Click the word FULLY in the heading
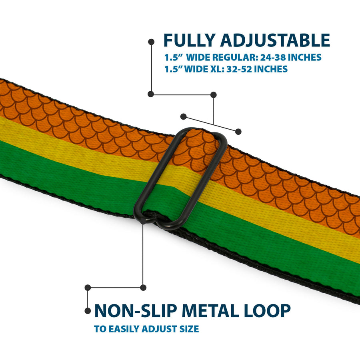[x=189, y=41]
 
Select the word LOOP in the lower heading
[x=269, y=311]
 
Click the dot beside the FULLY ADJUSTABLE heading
[x=151, y=41]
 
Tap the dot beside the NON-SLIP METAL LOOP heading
[x=88, y=310]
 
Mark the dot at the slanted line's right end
[x=238, y=131]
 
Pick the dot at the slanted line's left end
[x=183, y=116]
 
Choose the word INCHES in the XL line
[x=271, y=69]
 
